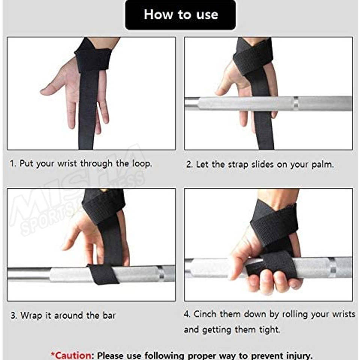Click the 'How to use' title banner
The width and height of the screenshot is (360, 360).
[x=180, y=15]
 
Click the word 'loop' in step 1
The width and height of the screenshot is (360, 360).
[x=142, y=164]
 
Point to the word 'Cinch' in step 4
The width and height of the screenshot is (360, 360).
[x=205, y=314]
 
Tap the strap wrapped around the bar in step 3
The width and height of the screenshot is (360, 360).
[x=103, y=274]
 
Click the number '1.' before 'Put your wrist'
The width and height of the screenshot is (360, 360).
[x=13, y=164]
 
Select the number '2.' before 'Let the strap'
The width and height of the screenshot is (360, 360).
[x=190, y=165]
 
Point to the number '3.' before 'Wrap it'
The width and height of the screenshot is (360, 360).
[x=14, y=315]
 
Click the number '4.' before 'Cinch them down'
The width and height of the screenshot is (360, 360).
[x=187, y=314]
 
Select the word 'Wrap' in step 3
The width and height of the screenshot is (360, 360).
[x=32, y=316]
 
